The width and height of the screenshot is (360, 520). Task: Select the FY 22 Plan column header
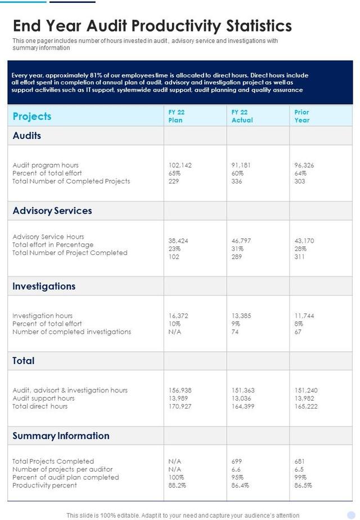(x=176, y=116)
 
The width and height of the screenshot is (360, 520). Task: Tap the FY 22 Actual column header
(x=242, y=116)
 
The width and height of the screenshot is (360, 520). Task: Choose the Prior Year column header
(x=302, y=116)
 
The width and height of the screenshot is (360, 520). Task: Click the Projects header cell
(x=32, y=116)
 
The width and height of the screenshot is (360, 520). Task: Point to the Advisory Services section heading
(x=52, y=211)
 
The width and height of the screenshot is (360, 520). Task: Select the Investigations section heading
(x=44, y=286)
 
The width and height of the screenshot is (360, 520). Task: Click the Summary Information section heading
(x=61, y=436)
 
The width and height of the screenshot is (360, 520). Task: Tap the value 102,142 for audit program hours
(x=180, y=165)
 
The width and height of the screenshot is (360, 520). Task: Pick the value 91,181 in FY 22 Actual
(x=241, y=165)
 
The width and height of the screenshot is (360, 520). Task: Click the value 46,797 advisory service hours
(x=241, y=241)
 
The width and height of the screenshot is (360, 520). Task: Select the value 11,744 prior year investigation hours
(x=304, y=316)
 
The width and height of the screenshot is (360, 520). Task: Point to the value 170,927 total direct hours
(x=180, y=406)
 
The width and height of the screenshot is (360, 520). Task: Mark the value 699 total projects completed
(x=237, y=461)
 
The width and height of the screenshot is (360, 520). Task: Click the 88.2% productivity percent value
(x=177, y=485)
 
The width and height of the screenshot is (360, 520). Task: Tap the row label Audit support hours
(x=43, y=398)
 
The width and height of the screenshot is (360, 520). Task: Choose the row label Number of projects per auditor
(x=62, y=469)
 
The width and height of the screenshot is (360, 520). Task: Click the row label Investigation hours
(x=42, y=316)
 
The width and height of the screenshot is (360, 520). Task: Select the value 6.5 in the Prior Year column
(x=299, y=469)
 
